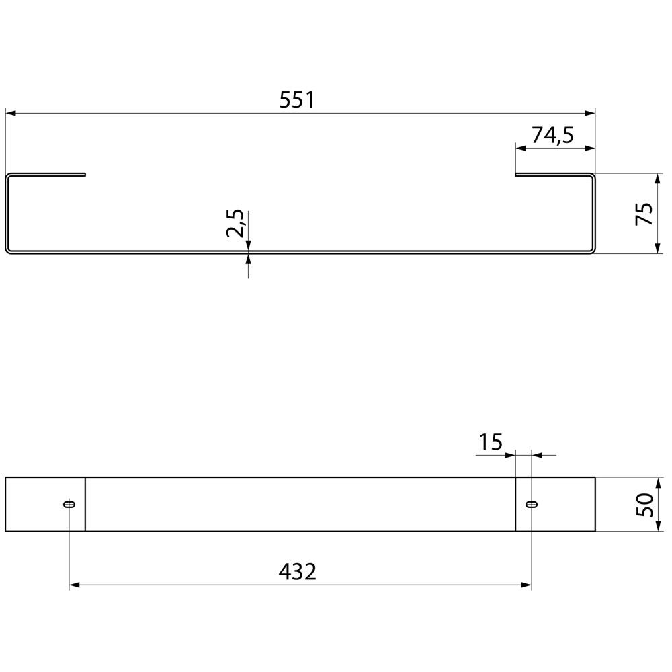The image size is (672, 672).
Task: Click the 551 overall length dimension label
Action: [297, 100]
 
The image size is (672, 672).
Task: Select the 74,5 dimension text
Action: [552, 136]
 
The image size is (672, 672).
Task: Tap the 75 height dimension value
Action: [644, 214]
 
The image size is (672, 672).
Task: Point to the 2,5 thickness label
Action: [235, 223]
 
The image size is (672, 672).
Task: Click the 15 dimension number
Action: [491, 442]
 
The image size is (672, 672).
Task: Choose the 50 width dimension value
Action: [644, 505]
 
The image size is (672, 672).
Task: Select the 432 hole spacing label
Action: [298, 571]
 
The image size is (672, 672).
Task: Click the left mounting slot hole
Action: [69, 505]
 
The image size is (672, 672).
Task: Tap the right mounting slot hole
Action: [532, 505]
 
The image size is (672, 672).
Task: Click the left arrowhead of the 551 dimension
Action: [10, 113]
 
